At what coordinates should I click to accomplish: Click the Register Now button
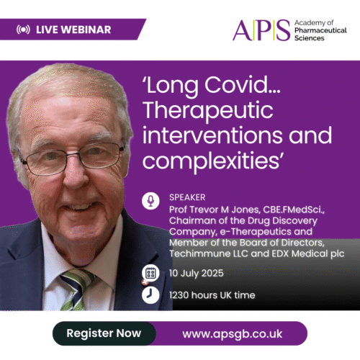pyautogui.click(x=104, y=333)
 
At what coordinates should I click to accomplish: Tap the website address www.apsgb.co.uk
pyautogui.click(x=232, y=334)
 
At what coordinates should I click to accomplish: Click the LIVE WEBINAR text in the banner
pyautogui.click(x=73, y=30)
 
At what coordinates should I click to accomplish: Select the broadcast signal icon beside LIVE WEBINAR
pyautogui.click(x=23, y=30)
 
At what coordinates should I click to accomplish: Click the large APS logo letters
pyautogui.click(x=261, y=30)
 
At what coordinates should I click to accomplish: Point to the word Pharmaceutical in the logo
pyautogui.click(x=320, y=30)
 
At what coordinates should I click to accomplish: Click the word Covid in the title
pyautogui.click(x=243, y=85)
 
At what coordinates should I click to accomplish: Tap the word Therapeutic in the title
pyautogui.click(x=208, y=111)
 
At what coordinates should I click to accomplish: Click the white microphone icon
pyautogui.click(x=150, y=201)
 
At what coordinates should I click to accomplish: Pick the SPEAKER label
pyautogui.click(x=187, y=197)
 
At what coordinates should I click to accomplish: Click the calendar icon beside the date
pyautogui.click(x=150, y=273)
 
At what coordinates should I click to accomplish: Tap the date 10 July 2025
pyautogui.click(x=197, y=274)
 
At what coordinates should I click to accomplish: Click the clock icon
pyautogui.click(x=150, y=295)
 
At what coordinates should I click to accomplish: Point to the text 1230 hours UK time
pyautogui.click(x=212, y=295)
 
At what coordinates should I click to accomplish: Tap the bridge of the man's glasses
pyautogui.click(x=73, y=154)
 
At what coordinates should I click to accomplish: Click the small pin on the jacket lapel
pyautogui.click(x=144, y=282)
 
